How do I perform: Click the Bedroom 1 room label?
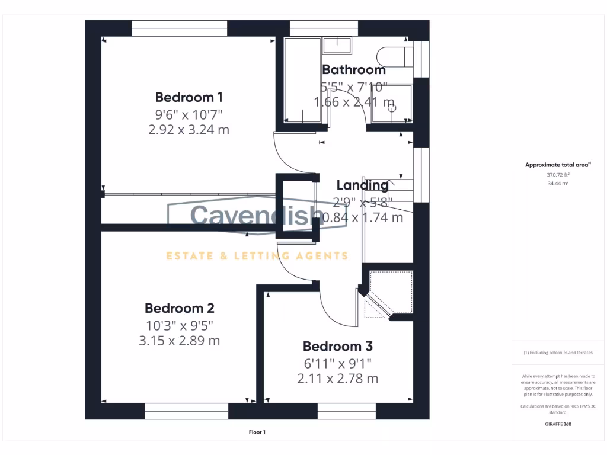click(189, 97)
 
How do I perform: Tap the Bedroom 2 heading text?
click(179, 308)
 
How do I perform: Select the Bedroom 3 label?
click(337, 346)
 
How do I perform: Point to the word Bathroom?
click(354, 70)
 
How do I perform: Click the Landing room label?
click(362, 185)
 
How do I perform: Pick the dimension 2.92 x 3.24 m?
click(189, 129)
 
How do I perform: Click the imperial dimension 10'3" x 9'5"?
click(179, 325)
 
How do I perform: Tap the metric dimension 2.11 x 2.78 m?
click(337, 378)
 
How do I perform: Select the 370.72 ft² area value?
click(557, 175)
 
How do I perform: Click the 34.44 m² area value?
click(557, 184)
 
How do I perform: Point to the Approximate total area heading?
click(558, 165)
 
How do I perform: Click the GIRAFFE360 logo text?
click(557, 424)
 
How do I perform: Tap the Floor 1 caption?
click(257, 432)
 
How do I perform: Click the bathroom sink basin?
click(337, 43)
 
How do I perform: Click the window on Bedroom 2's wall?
click(187, 411)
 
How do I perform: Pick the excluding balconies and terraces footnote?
click(557, 353)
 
